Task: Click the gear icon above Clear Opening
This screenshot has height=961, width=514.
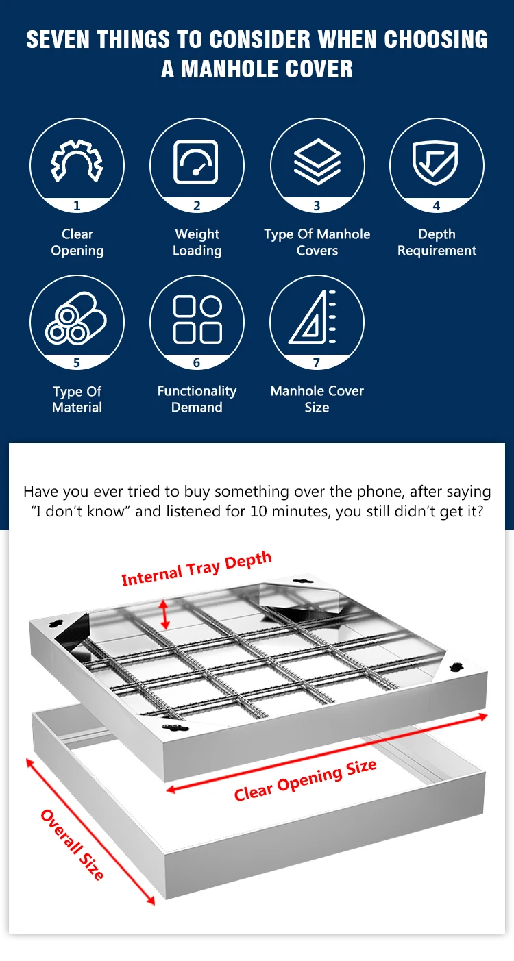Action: click(x=77, y=162)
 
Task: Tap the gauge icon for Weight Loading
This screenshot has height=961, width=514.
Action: click(x=197, y=162)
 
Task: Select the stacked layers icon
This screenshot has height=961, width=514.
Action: click(x=317, y=162)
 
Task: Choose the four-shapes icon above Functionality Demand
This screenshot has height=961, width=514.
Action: click(x=197, y=319)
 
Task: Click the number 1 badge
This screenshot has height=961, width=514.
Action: click(x=77, y=205)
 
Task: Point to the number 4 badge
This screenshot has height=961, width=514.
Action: click(x=437, y=205)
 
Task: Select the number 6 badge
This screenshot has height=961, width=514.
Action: click(x=197, y=363)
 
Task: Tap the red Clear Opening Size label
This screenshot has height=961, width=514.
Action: click(x=305, y=780)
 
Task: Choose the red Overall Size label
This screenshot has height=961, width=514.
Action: click(x=73, y=845)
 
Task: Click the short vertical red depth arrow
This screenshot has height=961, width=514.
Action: click(x=164, y=614)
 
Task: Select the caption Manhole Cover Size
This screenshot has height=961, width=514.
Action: click(x=317, y=399)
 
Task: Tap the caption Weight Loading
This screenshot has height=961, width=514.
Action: click(x=197, y=242)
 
